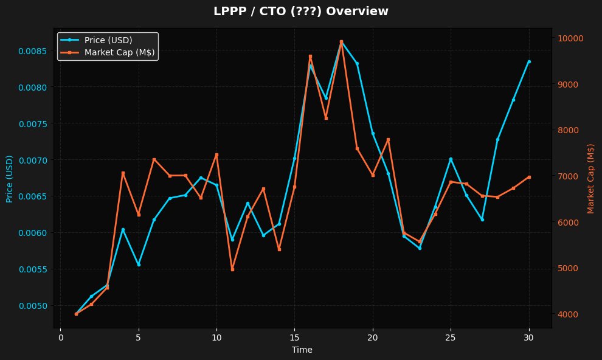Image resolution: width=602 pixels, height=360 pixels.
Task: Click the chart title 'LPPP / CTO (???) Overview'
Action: click(300, 12)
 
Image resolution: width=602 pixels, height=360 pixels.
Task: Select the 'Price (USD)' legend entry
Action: click(108, 40)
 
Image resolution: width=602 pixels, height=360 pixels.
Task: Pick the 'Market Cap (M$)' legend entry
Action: click(119, 53)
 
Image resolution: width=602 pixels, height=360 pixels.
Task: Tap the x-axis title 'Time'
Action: click(302, 350)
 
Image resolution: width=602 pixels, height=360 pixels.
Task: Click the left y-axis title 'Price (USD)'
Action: click(10, 179)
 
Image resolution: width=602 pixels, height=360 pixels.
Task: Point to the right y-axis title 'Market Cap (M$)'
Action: click(590, 179)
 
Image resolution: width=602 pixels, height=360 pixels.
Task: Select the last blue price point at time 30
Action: click(529, 61)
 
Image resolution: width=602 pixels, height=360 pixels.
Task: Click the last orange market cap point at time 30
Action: click(529, 177)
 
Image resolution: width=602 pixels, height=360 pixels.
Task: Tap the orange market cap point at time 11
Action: click(232, 269)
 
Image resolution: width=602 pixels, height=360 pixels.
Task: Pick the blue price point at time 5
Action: click(139, 265)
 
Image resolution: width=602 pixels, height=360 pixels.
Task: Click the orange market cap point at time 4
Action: click(123, 173)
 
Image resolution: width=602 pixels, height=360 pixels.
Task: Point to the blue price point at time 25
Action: click(451, 159)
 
